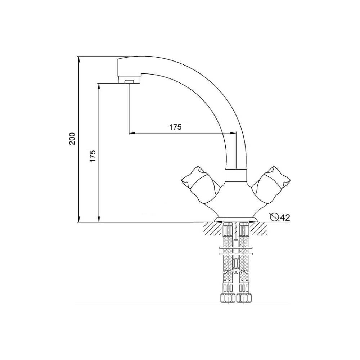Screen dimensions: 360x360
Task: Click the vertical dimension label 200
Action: click(72, 139)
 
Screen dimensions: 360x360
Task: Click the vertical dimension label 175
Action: click(92, 156)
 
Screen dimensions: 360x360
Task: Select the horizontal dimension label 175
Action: click(175, 127)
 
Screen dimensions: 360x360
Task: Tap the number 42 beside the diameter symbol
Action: click(285, 217)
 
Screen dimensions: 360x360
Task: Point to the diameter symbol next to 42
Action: click(275, 217)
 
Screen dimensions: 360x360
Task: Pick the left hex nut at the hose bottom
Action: click(228, 298)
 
